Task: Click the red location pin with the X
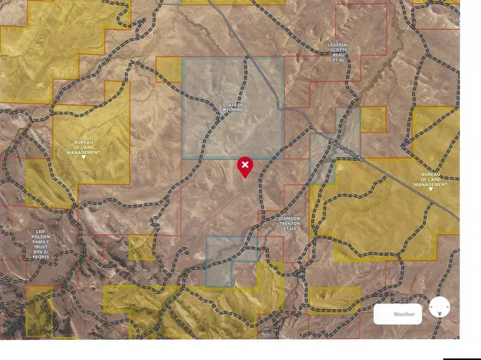coord(245,165)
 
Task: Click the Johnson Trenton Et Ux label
coord(288,224)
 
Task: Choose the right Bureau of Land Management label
coord(429,179)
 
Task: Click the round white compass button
coord(440,307)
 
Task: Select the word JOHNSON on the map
coord(288,218)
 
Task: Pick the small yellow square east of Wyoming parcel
coord(373,119)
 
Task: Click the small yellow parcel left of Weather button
coord(333,298)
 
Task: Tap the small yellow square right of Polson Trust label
coord(140,247)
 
